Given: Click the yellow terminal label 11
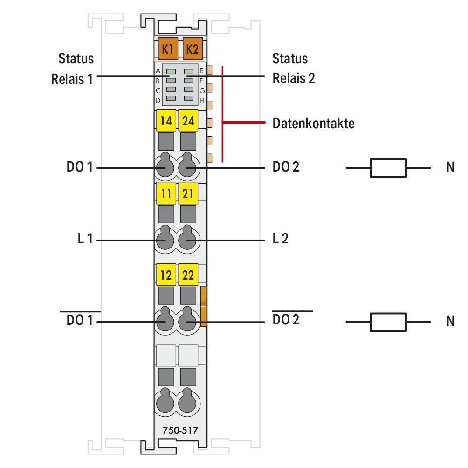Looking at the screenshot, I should tap(165, 193).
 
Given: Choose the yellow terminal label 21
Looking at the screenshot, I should tap(188, 193).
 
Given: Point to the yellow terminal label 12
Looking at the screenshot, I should tap(165, 275).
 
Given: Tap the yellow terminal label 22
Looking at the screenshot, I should tap(188, 275).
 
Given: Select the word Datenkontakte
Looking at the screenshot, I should tap(314, 124).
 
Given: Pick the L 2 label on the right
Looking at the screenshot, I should tap(281, 240).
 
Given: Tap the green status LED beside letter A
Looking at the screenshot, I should tap(171, 71).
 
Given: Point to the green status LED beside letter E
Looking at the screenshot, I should tap(189, 71).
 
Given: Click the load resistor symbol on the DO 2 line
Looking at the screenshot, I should tap(388, 168).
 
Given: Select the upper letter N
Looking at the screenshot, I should tap(450, 168).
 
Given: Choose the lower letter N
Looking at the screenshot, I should tap(450, 322).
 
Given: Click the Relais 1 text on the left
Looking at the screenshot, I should tap(72, 78).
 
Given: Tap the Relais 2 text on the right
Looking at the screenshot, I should tap(294, 78).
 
